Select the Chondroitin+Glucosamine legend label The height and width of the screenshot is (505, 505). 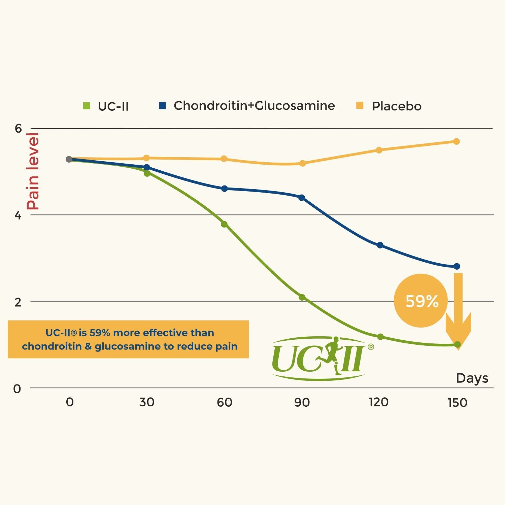click(x=254, y=106)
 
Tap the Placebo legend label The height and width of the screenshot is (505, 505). click(x=397, y=106)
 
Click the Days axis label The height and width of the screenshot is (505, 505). click(x=472, y=378)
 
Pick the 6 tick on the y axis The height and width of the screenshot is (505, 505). click(x=18, y=128)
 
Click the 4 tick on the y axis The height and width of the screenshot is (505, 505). click(x=18, y=215)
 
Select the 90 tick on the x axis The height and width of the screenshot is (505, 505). click(x=302, y=402)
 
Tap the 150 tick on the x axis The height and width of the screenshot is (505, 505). click(x=457, y=403)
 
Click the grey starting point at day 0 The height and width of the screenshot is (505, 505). click(x=69, y=159)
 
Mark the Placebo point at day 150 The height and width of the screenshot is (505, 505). click(x=457, y=141)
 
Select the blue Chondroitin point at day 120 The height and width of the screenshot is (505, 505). click(x=380, y=245)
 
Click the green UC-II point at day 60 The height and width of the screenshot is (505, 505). click(x=224, y=224)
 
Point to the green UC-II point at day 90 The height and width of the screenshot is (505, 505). click(x=302, y=297)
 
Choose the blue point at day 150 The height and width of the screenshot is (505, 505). click(x=457, y=266)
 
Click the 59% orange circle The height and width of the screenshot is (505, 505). click(x=421, y=301)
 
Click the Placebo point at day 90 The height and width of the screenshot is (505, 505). click(x=302, y=163)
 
